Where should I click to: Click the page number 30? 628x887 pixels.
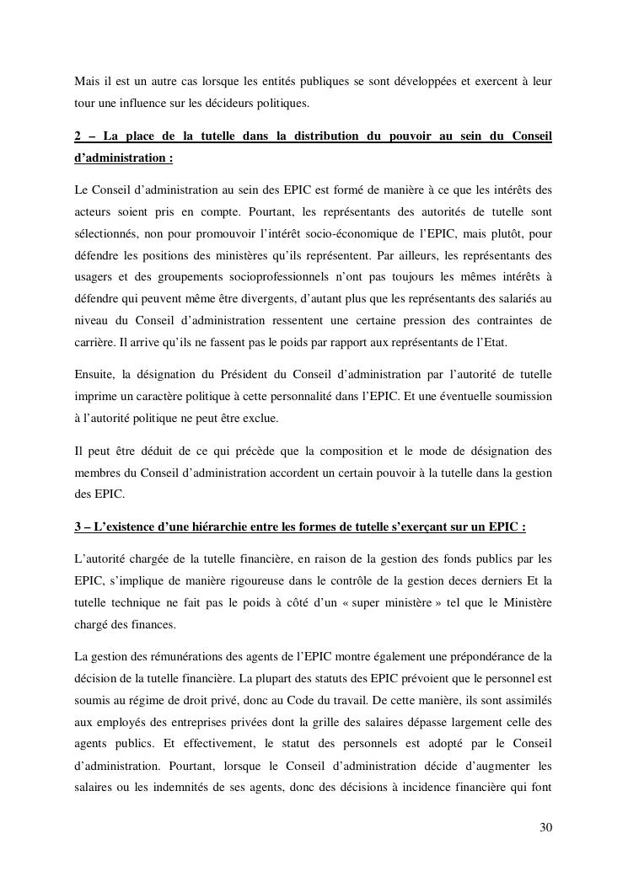click(545, 827)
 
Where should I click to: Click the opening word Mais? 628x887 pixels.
click(87, 81)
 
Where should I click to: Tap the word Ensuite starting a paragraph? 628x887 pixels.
click(95, 374)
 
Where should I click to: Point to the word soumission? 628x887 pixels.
click(522, 396)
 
